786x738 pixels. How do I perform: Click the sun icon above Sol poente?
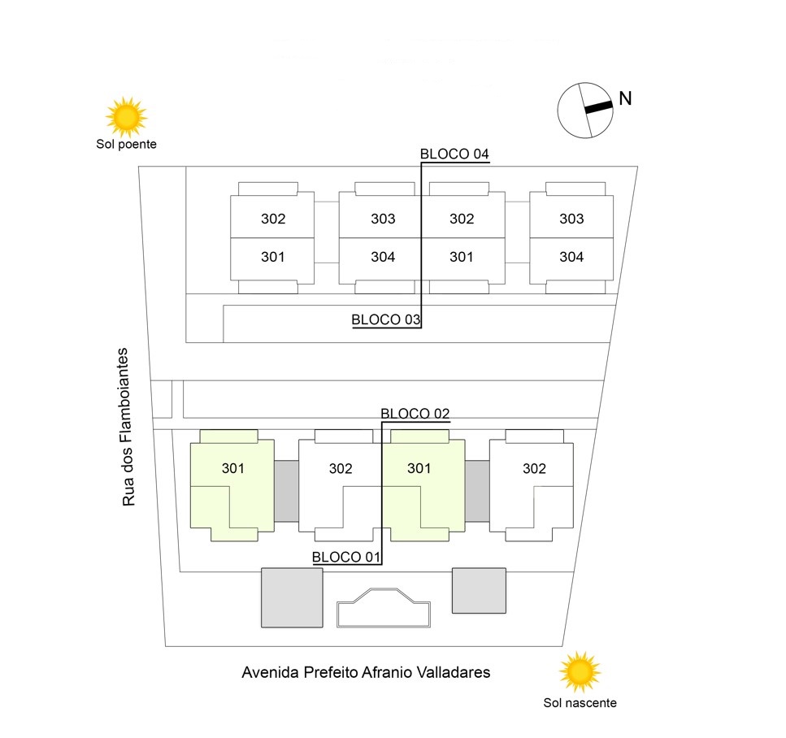click(x=126, y=117)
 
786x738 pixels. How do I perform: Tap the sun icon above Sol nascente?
click(x=580, y=671)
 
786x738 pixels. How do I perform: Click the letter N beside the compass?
click(x=625, y=98)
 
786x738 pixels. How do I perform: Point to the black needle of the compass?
click(x=597, y=106)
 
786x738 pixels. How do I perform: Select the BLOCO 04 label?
click(x=454, y=154)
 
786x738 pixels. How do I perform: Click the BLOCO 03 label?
click(x=386, y=319)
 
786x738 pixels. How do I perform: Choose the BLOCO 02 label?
click(x=415, y=414)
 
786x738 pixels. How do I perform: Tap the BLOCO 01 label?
click(x=346, y=557)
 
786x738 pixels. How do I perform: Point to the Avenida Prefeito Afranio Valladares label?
click(x=366, y=673)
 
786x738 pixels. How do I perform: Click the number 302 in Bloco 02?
click(x=534, y=469)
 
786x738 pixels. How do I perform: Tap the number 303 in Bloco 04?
click(x=571, y=219)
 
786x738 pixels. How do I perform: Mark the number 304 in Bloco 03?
click(x=383, y=257)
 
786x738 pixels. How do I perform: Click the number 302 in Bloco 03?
click(x=273, y=219)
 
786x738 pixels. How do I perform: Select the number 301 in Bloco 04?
click(x=461, y=257)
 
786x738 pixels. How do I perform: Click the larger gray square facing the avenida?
click(x=292, y=597)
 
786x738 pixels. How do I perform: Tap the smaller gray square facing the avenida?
click(x=479, y=590)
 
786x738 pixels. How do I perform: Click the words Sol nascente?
click(x=580, y=703)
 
